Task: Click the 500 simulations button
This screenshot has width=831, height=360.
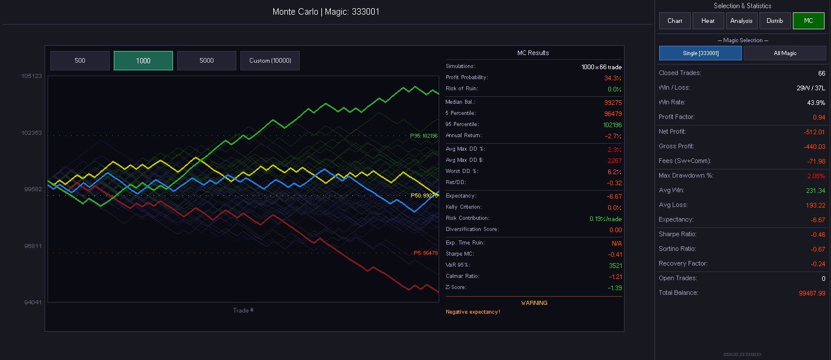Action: pos(80,60)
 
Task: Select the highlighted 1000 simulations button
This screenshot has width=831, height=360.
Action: pos(143,60)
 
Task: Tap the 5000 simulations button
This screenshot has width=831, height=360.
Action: pos(206,60)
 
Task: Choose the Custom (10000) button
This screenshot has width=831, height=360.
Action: pos(270,60)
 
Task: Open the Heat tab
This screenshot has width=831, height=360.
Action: pos(708,21)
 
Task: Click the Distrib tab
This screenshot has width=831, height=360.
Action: pos(775,21)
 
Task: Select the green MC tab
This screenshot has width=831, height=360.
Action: pos(808,21)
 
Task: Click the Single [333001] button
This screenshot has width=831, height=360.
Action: pos(700,53)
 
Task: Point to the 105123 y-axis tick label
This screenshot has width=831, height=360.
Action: pos(32,76)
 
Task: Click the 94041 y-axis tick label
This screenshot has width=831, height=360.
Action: pos(32,303)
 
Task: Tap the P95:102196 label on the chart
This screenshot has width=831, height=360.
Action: pos(423,136)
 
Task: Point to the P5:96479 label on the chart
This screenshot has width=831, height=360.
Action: pos(425,253)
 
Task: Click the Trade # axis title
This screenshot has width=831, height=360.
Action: pos(243,310)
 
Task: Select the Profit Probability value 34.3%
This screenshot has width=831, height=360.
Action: pos(613,78)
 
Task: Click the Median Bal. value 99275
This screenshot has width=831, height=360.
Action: pos(613,103)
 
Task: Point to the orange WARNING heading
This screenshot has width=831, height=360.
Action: pos(534,303)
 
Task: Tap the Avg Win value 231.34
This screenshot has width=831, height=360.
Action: pos(815,191)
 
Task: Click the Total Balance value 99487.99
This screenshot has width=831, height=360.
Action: pos(812,293)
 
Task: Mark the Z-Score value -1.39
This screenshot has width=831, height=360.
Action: pos(615,288)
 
